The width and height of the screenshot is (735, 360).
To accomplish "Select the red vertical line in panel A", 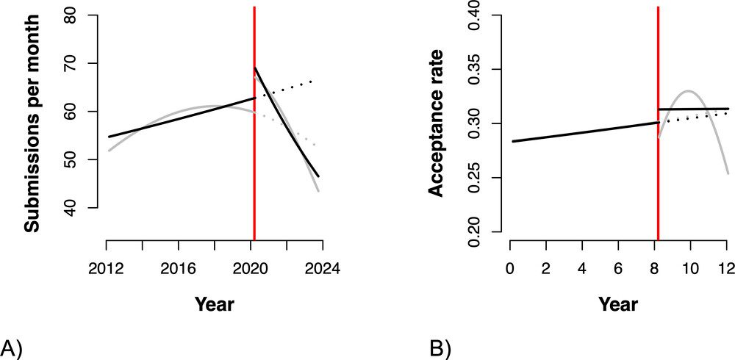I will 254,147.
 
